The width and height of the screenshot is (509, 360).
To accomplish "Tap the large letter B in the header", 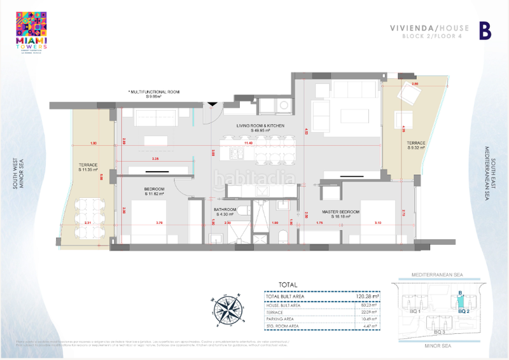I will click(485, 31).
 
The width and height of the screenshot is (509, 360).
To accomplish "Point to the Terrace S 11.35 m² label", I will click(88, 167).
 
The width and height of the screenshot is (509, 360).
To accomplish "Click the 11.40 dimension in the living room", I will click(258, 143).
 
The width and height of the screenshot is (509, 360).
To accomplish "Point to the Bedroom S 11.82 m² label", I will click(155, 191).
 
